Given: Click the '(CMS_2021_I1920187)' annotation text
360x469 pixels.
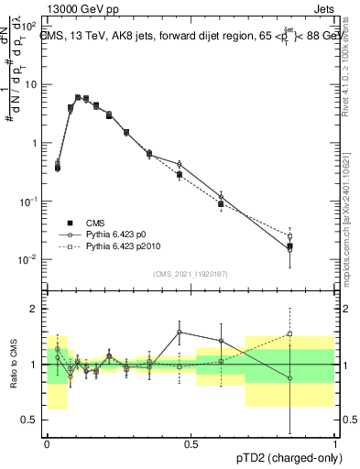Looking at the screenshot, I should pos(191,273).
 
